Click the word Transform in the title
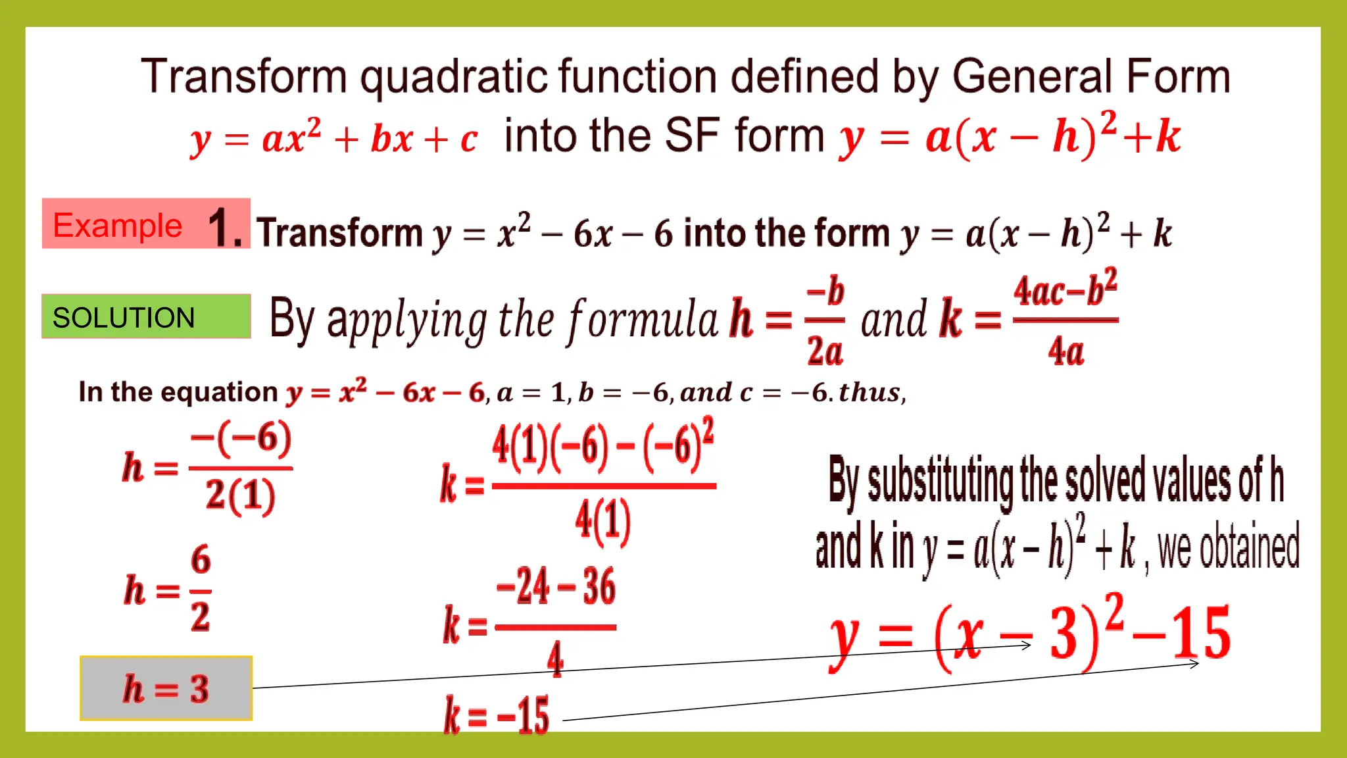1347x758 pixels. pyautogui.click(x=244, y=76)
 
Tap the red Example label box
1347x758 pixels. pyautogui.click(x=118, y=225)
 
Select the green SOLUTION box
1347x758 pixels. pyautogui.click(x=146, y=316)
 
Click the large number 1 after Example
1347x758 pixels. pyautogui.click(x=224, y=228)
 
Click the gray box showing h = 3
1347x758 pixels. pyautogui.click(x=166, y=688)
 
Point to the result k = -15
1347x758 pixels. pyautogui.click(x=497, y=715)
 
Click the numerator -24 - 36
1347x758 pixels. pyautogui.click(x=556, y=586)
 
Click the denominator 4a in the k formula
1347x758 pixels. pyautogui.click(x=1065, y=351)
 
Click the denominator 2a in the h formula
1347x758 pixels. pyautogui.click(x=825, y=351)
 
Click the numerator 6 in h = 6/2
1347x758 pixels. pyautogui.click(x=201, y=560)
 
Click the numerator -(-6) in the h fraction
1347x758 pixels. pyautogui.click(x=241, y=439)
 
